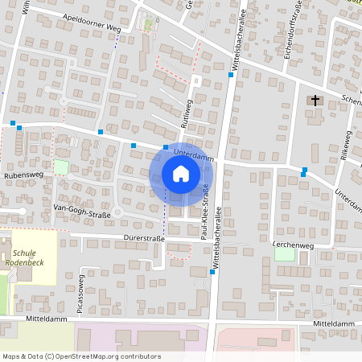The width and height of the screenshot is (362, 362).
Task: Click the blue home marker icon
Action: point(180,174)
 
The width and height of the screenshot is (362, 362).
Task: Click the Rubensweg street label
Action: point(23,175)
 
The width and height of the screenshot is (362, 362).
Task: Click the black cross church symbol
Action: point(315,101)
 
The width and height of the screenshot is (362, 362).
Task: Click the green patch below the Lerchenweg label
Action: point(285,254)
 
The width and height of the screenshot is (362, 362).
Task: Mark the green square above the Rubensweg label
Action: point(61,167)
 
